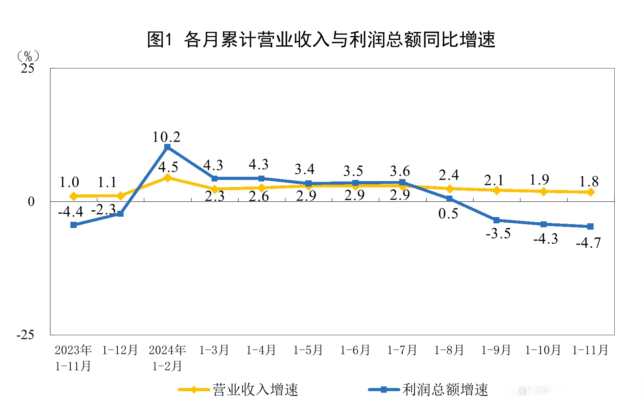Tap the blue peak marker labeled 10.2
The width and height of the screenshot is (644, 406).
(x=167, y=147)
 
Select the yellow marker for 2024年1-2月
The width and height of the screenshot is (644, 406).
(x=167, y=178)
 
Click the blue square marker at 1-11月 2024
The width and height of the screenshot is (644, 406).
(x=590, y=226)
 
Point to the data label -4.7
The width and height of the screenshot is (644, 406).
(x=588, y=243)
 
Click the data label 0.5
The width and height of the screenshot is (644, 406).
(x=448, y=214)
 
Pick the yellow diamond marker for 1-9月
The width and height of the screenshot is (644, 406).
(x=497, y=190)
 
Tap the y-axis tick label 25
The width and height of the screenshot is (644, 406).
(x=27, y=69)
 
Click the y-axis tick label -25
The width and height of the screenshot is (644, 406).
(x=25, y=335)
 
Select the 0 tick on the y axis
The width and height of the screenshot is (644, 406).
(x=31, y=202)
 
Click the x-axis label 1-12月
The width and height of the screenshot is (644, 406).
(x=120, y=350)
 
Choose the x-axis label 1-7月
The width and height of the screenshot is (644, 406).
(x=402, y=350)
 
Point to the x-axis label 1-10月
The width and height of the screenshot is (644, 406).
(x=543, y=350)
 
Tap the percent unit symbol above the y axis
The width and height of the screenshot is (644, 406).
(x=28, y=56)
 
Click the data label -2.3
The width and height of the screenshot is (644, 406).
(x=103, y=210)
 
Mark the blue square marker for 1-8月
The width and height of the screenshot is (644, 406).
(x=450, y=199)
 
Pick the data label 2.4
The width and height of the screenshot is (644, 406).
(x=448, y=175)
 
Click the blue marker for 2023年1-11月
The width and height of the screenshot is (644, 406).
(x=74, y=225)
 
